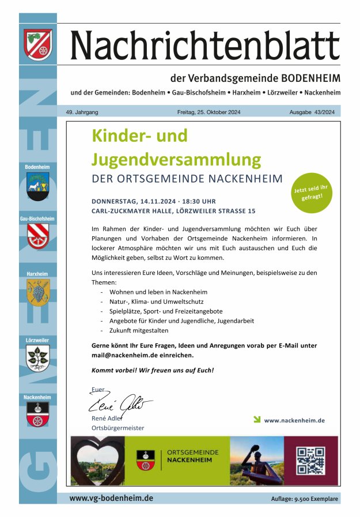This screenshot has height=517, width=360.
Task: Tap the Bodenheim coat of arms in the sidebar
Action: (x=37, y=186)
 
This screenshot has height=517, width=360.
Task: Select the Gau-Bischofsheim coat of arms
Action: (x=37, y=235)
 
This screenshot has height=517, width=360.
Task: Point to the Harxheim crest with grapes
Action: (x=37, y=292)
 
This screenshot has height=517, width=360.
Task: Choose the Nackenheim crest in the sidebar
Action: (x=37, y=414)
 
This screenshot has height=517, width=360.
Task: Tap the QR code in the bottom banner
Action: (x=310, y=461)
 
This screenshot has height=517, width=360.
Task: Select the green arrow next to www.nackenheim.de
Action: (x=257, y=419)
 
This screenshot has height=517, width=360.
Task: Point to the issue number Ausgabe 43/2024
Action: (x=312, y=112)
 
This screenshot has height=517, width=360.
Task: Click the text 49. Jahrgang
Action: (x=82, y=112)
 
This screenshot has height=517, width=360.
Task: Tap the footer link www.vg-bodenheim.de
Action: (x=111, y=498)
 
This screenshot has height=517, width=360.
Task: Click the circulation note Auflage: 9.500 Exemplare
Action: (x=305, y=499)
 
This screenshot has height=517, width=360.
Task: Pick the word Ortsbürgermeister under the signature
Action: (x=118, y=428)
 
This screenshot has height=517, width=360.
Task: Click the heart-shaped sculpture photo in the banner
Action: (x=97, y=460)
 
